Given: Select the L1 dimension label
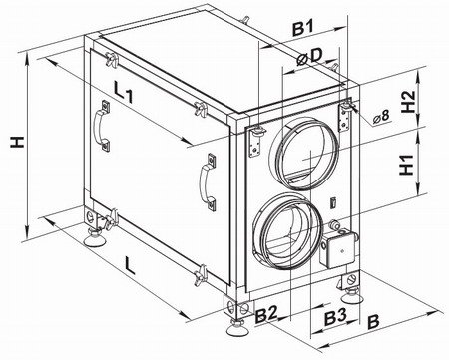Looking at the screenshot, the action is (123, 92).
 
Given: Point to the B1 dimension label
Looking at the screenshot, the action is (303, 29).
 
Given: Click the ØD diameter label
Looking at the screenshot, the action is (309, 57).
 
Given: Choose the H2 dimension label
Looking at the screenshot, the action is (408, 102).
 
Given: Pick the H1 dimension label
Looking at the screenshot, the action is (407, 165).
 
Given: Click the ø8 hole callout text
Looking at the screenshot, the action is (381, 117).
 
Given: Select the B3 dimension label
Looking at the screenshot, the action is (335, 318).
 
